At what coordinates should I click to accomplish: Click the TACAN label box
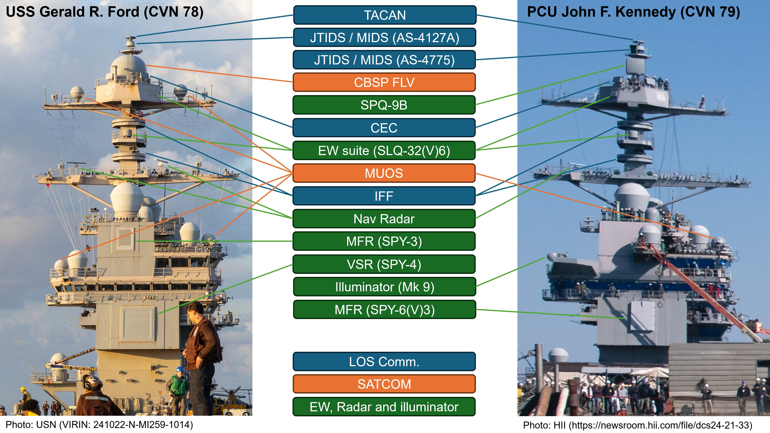(x=384, y=15)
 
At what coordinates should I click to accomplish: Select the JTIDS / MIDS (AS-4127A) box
(x=384, y=38)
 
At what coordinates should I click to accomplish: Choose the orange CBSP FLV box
(x=384, y=82)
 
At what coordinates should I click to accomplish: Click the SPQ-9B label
(x=384, y=105)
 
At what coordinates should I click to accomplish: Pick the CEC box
(x=384, y=128)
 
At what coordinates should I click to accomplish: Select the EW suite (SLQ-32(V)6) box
(x=384, y=150)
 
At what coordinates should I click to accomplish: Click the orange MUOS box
(x=384, y=173)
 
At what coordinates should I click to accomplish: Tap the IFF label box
(x=384, y=196)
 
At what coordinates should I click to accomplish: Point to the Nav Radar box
(x=384, y=219)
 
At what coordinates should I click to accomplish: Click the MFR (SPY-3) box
(x=384, y=241)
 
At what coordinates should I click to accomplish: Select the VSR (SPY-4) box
(x=384, y=264)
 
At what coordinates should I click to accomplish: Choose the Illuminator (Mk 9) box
(x=384, y=287)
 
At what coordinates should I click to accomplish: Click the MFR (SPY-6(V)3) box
(x=384, y=309)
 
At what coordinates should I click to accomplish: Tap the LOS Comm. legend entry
(x=384, y=362)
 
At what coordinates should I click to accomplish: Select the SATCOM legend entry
(x=384, y=384)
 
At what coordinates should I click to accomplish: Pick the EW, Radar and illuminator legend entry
(x=384, y=407)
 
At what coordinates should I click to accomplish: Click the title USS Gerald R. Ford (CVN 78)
(x=105, y=12)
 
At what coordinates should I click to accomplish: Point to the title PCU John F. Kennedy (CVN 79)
(x=633, y=12)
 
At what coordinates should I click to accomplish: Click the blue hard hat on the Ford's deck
(x=179, y=369)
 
